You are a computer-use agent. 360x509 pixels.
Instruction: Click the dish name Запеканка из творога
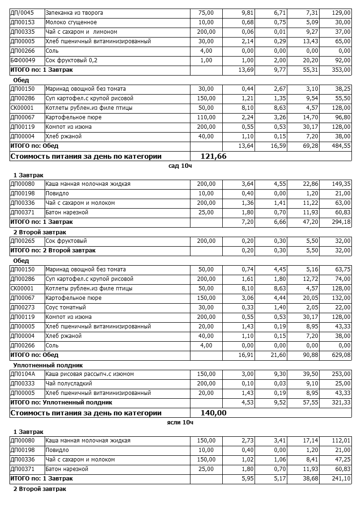(x=74, y=13)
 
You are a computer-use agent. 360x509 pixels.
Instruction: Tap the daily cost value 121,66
(x=214, y=156)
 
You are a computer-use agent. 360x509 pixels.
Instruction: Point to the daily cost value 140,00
(x=214, y=413)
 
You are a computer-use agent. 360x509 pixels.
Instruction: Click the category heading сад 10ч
(x=180, y=166)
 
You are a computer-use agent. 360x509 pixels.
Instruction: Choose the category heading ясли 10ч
(x=180, y=423)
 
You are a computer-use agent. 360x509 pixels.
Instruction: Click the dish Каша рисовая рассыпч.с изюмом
(x=89, y=374)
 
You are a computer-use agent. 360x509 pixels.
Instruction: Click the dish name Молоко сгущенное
(x=71, y=22)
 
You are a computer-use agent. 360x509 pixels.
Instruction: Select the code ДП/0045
(x=22, y=13)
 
